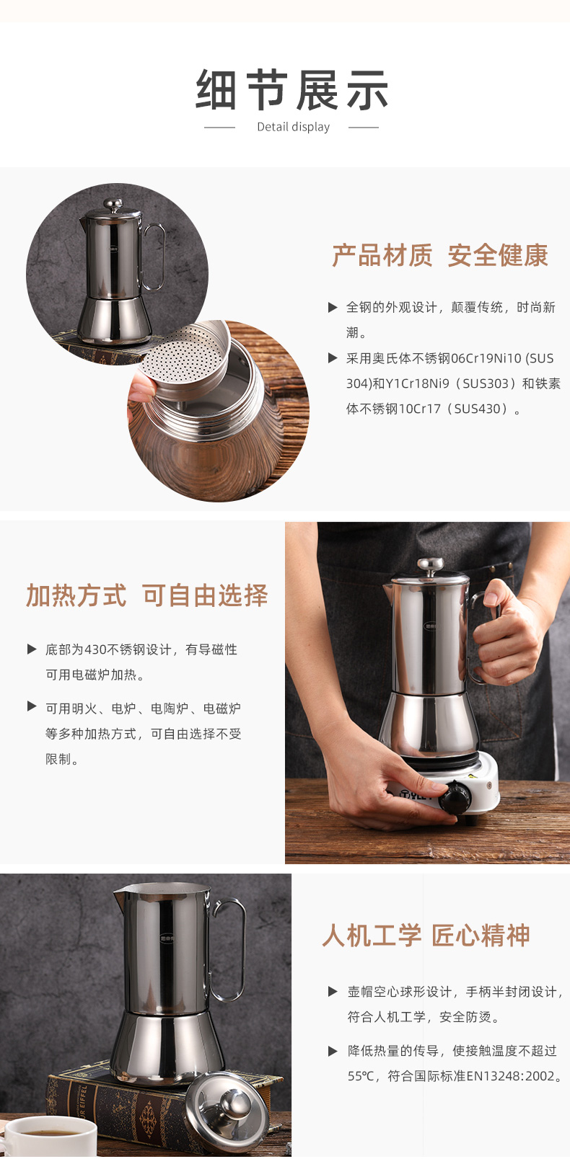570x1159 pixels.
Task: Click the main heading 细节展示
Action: [x=291, y=90]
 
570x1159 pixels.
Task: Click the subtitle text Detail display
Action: [x=293, y=127]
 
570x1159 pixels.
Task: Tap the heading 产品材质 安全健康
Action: [x=440, y=255]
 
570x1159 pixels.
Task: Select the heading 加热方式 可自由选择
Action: [x=146, y=595]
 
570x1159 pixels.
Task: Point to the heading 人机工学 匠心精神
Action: [x=426, y=935]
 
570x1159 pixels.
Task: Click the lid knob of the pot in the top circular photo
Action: [x=113, y=205]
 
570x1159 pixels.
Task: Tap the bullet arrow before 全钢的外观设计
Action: [x=333, y=308]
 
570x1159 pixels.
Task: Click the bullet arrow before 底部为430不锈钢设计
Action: [x=32, y=649]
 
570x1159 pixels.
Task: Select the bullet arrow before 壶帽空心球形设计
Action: [x=333, y=991]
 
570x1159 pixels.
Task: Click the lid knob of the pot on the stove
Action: [x=431, y=565]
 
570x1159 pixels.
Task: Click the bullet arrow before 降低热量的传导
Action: [x=333, y=1050]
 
